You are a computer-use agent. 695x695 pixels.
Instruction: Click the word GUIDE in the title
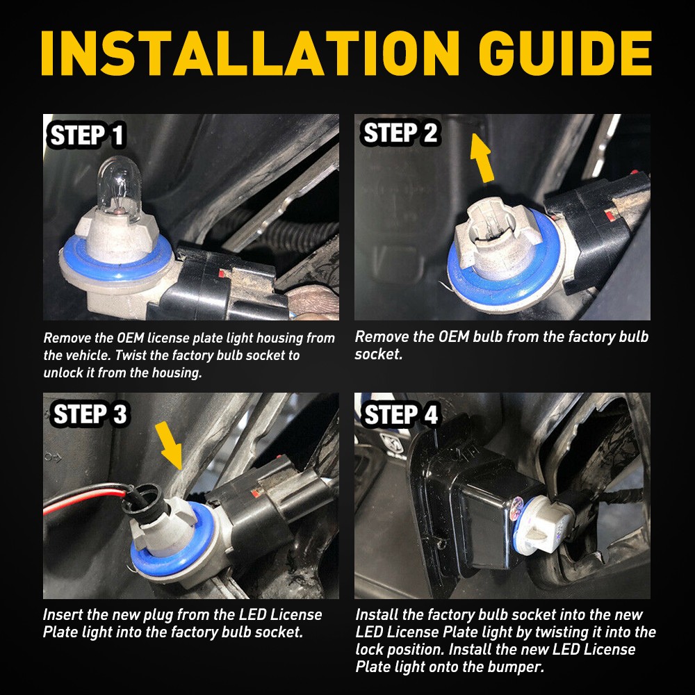[x=565, y=54]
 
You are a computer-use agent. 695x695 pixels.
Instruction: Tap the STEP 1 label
[x=87, y=136]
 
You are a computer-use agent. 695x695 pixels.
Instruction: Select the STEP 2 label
[x=401, y=133]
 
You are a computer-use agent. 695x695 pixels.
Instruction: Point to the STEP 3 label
[x=90, y=414]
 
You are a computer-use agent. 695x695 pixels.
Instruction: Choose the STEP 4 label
[x=401, y=414]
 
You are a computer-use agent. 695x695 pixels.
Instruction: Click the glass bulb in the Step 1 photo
[x=119, y=186]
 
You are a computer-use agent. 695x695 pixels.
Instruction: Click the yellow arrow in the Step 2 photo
[x=482, y=158]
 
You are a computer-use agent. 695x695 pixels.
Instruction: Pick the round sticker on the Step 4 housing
[x=516, y=509]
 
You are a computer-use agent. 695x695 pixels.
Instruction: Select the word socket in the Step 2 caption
[x=378, y=354]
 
